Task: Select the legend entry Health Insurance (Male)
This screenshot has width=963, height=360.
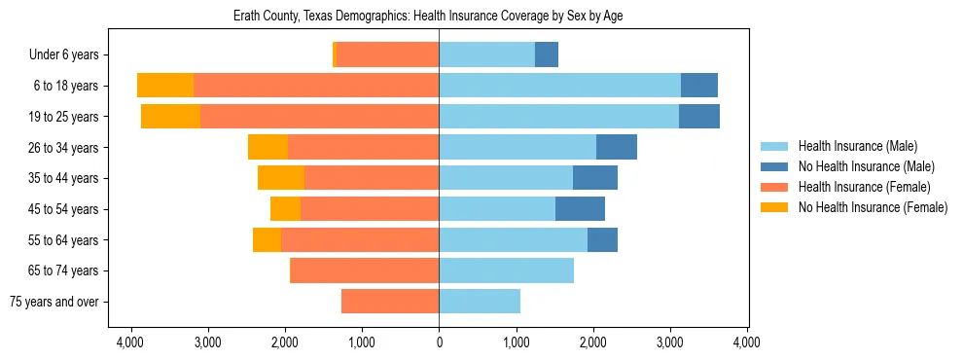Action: (857, 146)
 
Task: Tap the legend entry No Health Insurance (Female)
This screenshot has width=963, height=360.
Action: (873, 207)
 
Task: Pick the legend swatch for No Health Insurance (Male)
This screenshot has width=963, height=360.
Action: (774, 166)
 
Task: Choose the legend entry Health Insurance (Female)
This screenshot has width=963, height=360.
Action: (865, 187)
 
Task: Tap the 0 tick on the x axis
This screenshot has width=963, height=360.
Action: (439, 342)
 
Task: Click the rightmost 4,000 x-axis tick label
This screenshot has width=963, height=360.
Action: (746, 342)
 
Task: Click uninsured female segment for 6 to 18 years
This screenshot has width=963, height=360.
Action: (165, 86)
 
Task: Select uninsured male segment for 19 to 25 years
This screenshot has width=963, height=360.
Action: (698, 117)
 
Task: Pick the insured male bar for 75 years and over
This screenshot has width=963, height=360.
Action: (480, 302)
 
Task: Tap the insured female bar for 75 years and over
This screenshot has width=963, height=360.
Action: (390, 302)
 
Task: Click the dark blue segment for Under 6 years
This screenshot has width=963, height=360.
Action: (547, 55)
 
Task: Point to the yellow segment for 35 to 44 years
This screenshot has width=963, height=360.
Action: (281, 178)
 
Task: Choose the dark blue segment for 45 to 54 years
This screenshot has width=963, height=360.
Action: (580, 209)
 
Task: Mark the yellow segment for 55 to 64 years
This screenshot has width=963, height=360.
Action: (267, 240)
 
